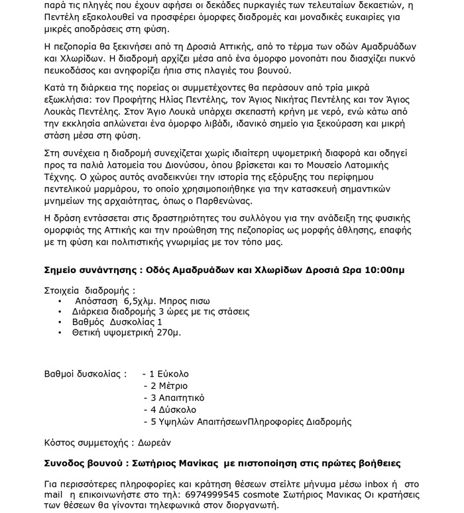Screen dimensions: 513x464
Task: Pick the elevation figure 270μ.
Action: tap(167, 331)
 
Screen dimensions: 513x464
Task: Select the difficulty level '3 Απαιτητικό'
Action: tap(177, 398)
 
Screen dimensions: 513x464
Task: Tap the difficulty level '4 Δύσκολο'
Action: tap(172, 410)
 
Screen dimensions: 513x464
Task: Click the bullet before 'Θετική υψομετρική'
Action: tap(60, 331)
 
